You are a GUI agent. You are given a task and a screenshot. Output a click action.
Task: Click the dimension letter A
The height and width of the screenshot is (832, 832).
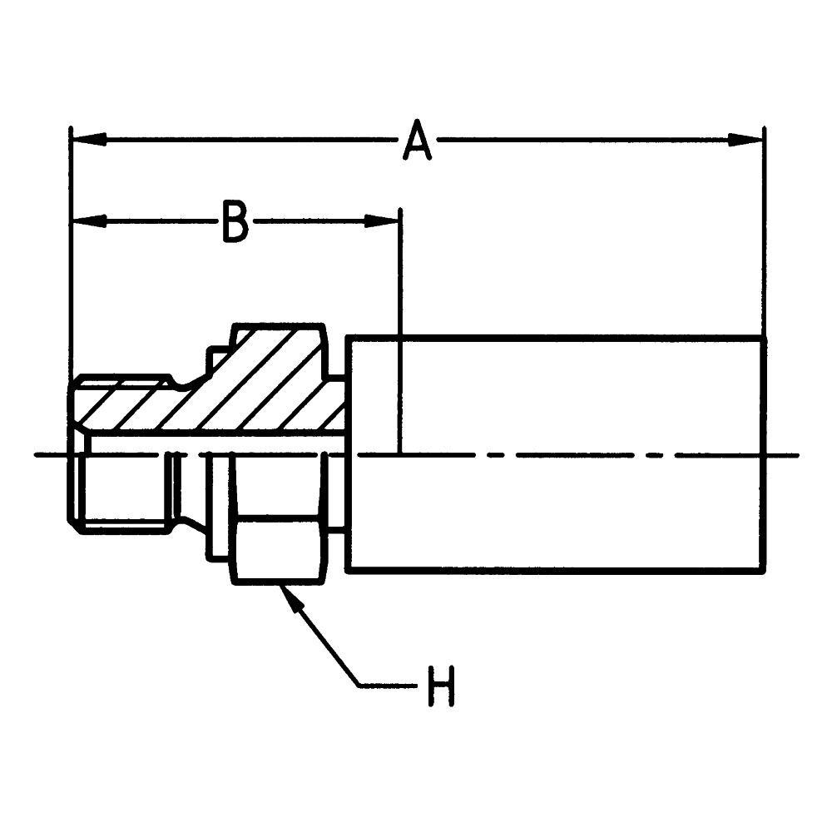click(x=417, y=141)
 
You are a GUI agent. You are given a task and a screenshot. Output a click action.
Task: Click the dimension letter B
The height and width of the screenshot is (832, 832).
click(x=235, y=222)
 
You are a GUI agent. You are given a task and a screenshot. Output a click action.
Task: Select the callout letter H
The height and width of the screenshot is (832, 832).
click(x=441, y=686)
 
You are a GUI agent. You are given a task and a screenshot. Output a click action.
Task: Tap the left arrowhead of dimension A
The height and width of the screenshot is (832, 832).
click(x=89, y=140)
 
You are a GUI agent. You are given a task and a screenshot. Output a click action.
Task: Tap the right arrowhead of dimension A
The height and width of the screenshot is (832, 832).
click(x=745, y=140)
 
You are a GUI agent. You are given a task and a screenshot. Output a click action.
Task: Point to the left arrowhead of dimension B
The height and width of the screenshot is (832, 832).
click(x=89, y=222)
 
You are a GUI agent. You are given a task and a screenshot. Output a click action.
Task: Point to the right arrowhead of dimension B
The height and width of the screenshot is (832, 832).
click(x=381, y=222)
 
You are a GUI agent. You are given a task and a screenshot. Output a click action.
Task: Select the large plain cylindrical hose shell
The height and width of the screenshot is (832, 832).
click(x=556, y=454)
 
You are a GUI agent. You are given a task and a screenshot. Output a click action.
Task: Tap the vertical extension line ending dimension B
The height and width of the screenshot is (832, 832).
click(x=401, y=330)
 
